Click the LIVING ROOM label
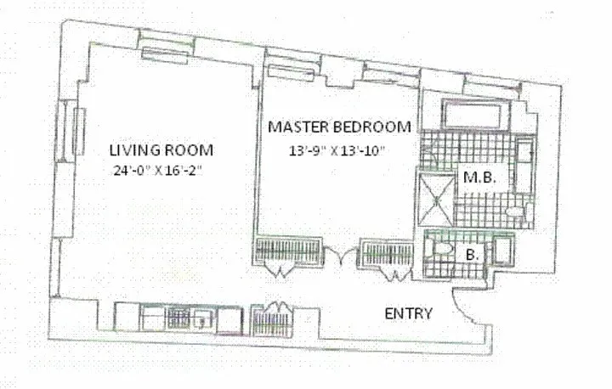161,150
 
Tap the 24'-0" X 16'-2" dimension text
158,171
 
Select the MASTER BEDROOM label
339,127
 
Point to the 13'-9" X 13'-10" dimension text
337,150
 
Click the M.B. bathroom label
479,178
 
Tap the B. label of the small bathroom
473,255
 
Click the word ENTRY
409,313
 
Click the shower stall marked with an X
436,200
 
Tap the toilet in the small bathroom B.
439,248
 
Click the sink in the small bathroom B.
502,250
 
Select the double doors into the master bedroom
341,256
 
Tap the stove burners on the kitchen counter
178,318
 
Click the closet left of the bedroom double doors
289,251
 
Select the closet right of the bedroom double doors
387,254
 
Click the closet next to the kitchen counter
271,321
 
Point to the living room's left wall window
70,131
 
